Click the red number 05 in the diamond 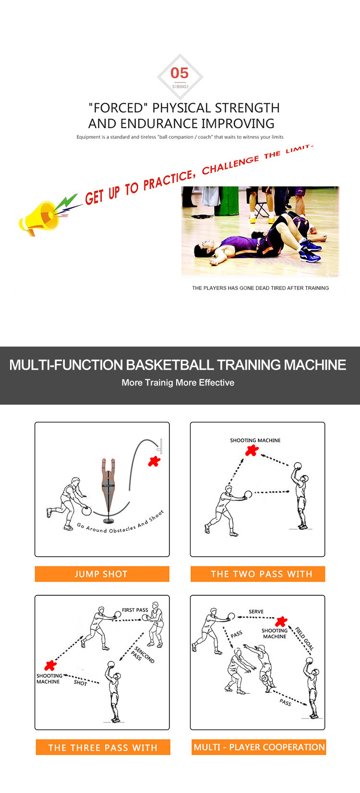coord(180,73)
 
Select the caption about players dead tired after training coord(260,288)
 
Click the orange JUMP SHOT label coord(102,574)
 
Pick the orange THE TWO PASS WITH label coord(258,574)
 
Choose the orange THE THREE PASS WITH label coord(103,747)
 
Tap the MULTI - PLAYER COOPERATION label coord(259,747)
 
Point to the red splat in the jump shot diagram coord(155,461)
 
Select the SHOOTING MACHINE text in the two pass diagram coord(255,440)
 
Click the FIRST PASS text coord(135,610)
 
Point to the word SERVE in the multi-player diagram coord(256,612)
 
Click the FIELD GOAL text coord(304,638)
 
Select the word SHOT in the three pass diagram coord(80,683)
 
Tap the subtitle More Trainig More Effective coord(178,383)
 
